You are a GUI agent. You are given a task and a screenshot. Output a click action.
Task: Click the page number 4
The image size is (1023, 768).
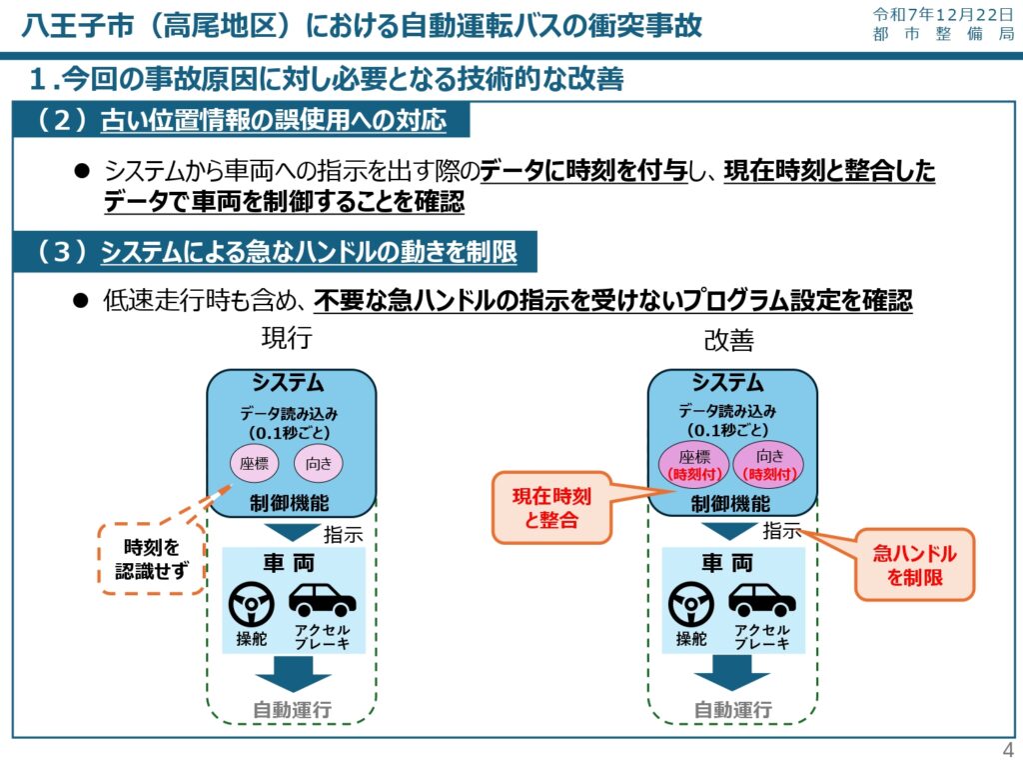pyautogui.click(x=1007, y=752)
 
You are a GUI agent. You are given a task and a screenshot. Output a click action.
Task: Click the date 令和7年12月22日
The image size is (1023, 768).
pyautogui.click(x=943, y=14)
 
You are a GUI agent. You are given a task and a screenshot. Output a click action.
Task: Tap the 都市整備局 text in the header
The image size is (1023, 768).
pyautogui.click(x=943, y=35)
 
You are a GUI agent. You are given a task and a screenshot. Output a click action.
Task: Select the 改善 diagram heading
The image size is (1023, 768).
pyautogui.click(x=728, y=340)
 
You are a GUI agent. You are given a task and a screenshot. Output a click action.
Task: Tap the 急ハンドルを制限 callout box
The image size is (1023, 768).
pyautogui.click(x=914, y=565)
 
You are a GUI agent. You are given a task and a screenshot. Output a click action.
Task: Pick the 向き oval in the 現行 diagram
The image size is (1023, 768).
pyautogui.click(x=319, y=463)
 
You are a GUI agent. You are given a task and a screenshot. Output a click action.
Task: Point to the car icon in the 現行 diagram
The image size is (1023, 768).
pyautogui.click(x=322, y=600)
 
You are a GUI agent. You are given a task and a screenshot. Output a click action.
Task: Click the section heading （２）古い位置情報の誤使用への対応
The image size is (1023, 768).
pyautogui.click(x=240, y=122)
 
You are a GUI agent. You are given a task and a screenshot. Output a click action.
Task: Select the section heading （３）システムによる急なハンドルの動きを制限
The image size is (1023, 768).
pyautogui.click(x=275, y=253)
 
